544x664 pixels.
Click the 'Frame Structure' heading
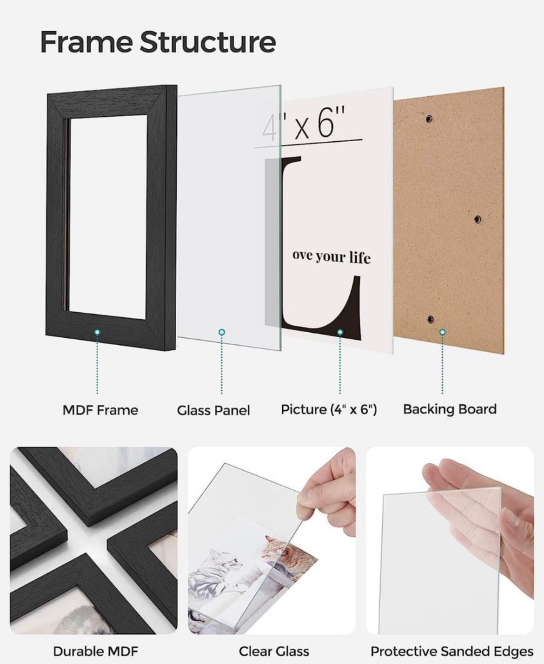pos(158,42)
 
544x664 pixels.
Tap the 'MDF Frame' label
pos(100,410)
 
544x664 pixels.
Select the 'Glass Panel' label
pos(213,410)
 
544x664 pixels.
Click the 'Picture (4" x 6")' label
pos(329,409)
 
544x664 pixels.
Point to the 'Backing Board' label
pos(450,409)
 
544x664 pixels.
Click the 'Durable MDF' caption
pos(96,651)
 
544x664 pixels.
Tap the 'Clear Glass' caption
pos(274,651)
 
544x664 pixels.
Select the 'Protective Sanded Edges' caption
pos(451,651)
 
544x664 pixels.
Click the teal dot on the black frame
pos(97,332)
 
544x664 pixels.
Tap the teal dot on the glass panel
pos(222,332)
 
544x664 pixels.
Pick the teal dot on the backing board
pos(443,332)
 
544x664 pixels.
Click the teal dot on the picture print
pos(340,332)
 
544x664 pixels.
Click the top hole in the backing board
pos(429,119)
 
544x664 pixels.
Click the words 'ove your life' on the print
pos(332,256)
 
